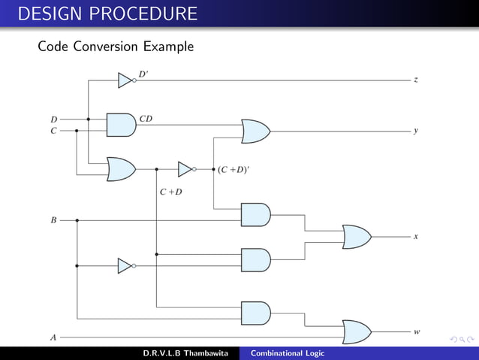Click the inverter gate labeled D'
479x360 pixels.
click(126, 80)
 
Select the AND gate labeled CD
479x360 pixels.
click(121, 125)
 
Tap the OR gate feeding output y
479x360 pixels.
click(255, 131)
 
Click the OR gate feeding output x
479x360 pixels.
click(356, 237)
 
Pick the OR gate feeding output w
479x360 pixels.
click(356, 331)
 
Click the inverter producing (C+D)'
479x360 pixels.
click(186, 169)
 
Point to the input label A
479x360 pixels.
click(53, 338)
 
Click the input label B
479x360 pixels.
click(53, 220)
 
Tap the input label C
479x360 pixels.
click(53, 131)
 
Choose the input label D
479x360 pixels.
click(53, 119)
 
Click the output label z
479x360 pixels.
click(416, 79)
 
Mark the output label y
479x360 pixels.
click(416, 131)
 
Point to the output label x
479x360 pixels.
click(416, 237)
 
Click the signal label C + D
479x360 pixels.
click(171, 192)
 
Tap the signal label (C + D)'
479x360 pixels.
click(233, 169)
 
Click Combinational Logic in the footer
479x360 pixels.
click(288, 353)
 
